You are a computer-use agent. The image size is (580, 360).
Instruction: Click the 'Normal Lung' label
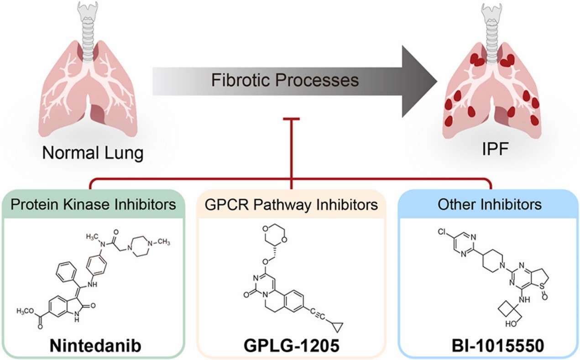coord(93,152)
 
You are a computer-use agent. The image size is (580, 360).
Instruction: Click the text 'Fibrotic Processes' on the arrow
coord(285,81)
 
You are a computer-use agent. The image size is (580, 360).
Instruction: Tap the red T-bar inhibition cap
coord(291,120)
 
